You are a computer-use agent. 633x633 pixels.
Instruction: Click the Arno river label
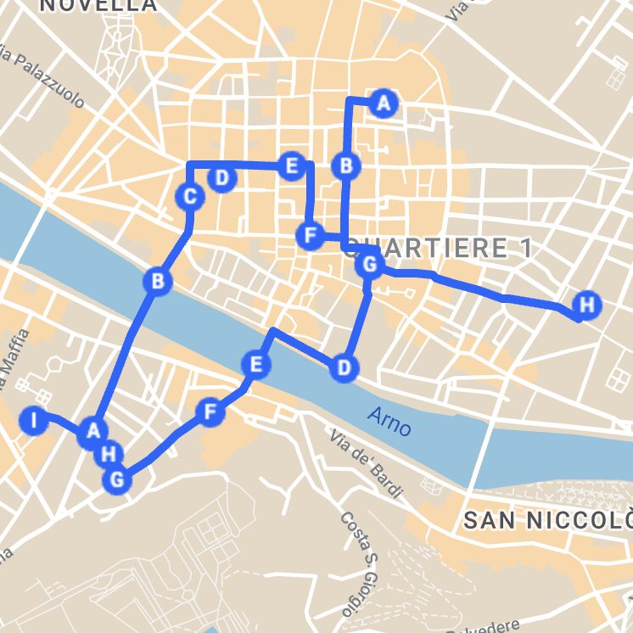tap(390, 421)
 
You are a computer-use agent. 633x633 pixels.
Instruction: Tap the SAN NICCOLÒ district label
tap(548, 521)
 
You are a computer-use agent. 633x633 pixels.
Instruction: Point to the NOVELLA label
tap(98, 5)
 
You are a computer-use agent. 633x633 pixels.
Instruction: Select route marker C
tap(190, 198)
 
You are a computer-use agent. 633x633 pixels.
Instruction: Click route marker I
tap(33, 421)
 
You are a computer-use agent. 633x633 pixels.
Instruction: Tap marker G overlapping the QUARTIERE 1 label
tap(369, 265)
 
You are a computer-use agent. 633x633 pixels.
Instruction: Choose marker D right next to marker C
tap(221, 178)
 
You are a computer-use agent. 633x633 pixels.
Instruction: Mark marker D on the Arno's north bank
tap(343, 367)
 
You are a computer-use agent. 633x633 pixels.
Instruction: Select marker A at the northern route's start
tap(384, 104)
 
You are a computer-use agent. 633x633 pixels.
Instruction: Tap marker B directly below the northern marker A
tap(346, 165)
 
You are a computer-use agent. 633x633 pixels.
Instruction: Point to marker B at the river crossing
tap(157, 281)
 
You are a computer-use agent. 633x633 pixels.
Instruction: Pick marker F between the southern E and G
tap(210, 413)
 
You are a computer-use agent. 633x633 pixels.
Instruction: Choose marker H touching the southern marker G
tap(108, 454)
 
